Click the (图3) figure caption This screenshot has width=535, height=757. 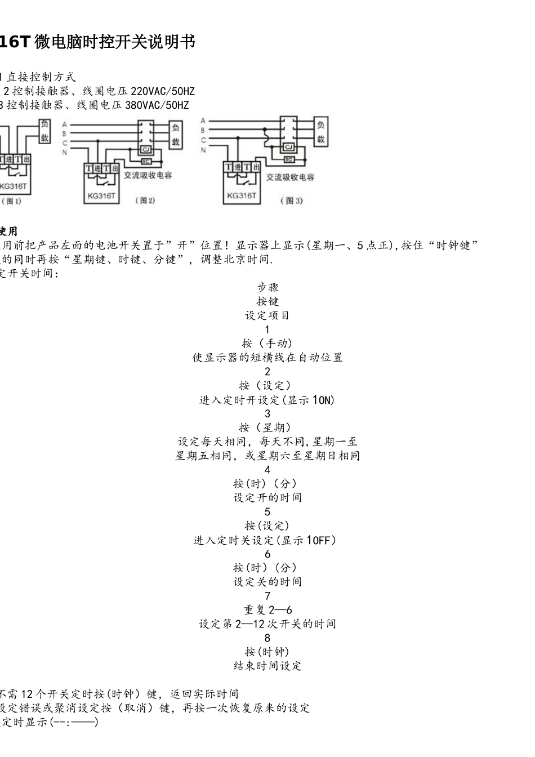click(x=291, y=201)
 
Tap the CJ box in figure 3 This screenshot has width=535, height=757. click(x=289, y=147)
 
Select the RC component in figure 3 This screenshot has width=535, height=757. click(x=288, y=160)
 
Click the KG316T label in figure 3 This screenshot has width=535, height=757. click(x=242, y=195)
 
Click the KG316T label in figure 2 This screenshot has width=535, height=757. click(x=102, y=196)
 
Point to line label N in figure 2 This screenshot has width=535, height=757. click(x=65, y=152)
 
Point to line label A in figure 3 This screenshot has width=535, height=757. click(x=203, y=121)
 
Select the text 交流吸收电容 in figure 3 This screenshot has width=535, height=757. click(x=290, y=177)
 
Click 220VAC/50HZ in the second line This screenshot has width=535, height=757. click(x=163, y=91)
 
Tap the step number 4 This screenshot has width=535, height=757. click(x=267, y=470)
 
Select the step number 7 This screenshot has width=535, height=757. click(x=267, y=596)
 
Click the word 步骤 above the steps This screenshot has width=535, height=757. click(x=267, y=287)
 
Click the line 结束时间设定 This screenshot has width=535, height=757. click(x=267, y=666)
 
